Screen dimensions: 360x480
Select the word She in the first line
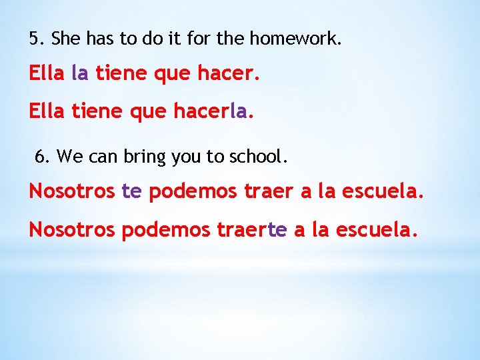coord(65,39)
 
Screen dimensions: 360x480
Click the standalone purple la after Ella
coord(79,73)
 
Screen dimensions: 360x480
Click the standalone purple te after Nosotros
coord(132,192)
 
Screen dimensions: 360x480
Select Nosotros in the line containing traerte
coord(72,230)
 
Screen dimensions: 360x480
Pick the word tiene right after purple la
coord(121,73)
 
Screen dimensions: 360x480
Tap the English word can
coord(104,157)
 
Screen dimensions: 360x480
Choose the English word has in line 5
coord(99,39)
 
